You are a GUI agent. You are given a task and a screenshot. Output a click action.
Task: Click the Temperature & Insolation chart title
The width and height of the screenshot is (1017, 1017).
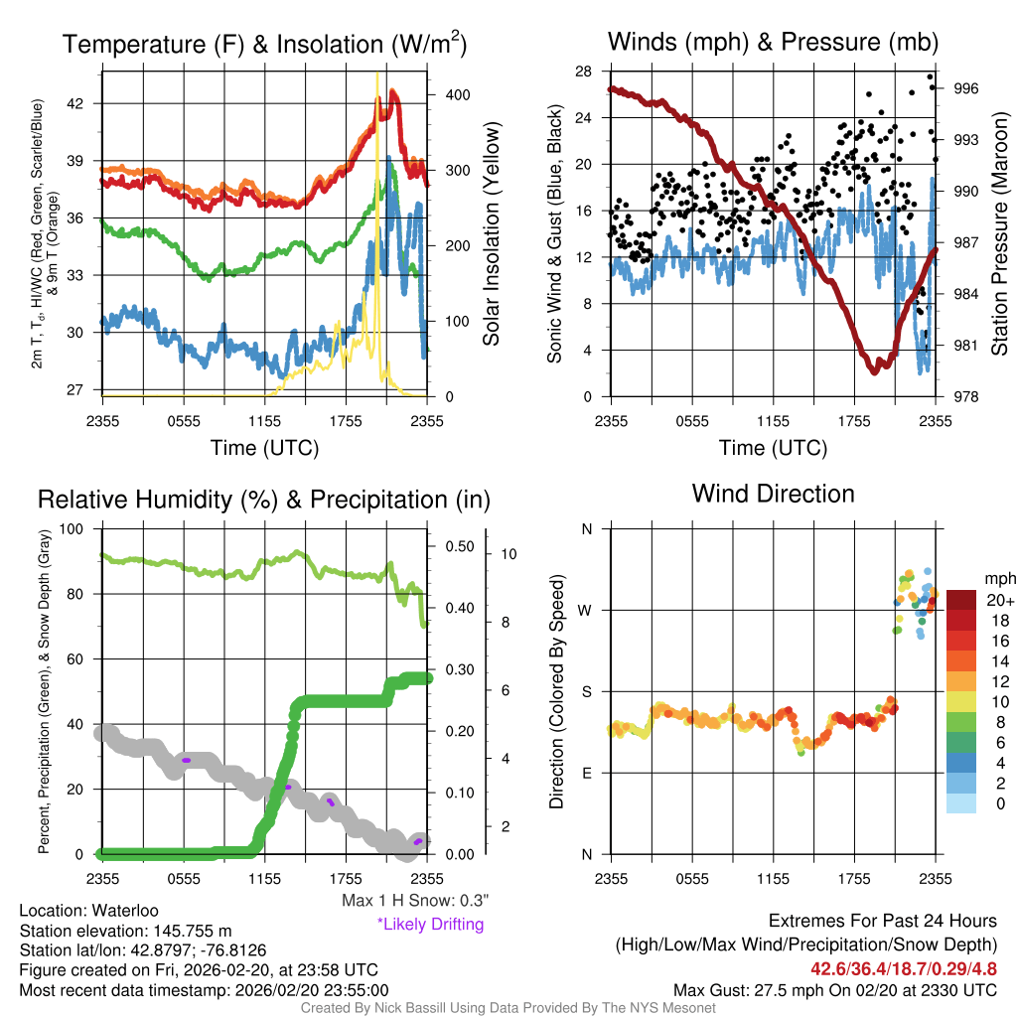(264, 44)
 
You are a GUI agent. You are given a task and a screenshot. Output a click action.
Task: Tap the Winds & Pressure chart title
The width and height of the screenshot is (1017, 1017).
(773, 42)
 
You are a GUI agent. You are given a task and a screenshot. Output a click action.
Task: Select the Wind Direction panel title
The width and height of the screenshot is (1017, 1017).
(773, 493)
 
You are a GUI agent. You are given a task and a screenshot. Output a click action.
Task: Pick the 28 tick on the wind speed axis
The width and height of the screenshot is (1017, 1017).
(584, 72)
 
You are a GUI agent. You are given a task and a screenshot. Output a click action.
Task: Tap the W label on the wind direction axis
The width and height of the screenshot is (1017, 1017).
(587, 610)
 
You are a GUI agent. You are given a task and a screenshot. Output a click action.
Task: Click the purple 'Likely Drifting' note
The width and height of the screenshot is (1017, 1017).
(430, 925)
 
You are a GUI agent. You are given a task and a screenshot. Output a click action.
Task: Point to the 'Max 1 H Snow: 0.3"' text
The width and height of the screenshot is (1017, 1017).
(415, 901)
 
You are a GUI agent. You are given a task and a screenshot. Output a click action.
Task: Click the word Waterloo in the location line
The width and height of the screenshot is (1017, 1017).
(122, 911)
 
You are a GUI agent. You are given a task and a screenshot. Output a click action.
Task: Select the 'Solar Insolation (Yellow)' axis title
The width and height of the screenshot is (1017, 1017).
(491, 234)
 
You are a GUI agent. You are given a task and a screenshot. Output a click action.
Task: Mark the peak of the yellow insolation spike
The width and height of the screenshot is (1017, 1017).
(377, 75)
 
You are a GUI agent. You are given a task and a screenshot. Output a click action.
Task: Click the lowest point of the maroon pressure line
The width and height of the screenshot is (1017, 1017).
(875, 371)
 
